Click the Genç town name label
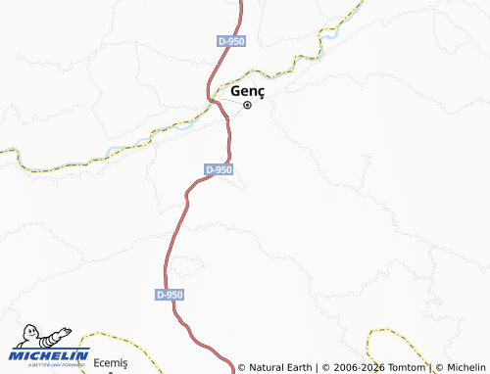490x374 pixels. coord(248,91)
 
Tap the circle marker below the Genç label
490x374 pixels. coord(248,105)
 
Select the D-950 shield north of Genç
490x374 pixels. coord(231,41)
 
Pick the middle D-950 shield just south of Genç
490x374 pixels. coord(220,169)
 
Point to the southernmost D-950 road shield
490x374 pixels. coord(169,294)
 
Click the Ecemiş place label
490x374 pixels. coord(111,363)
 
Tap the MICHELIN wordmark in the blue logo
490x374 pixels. coord(49,354)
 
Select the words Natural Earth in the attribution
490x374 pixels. coord(279,368)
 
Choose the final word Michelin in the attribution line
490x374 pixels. coord(466,368)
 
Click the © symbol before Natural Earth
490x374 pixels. coord(242,368)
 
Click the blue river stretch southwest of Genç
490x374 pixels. coord(116,151)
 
